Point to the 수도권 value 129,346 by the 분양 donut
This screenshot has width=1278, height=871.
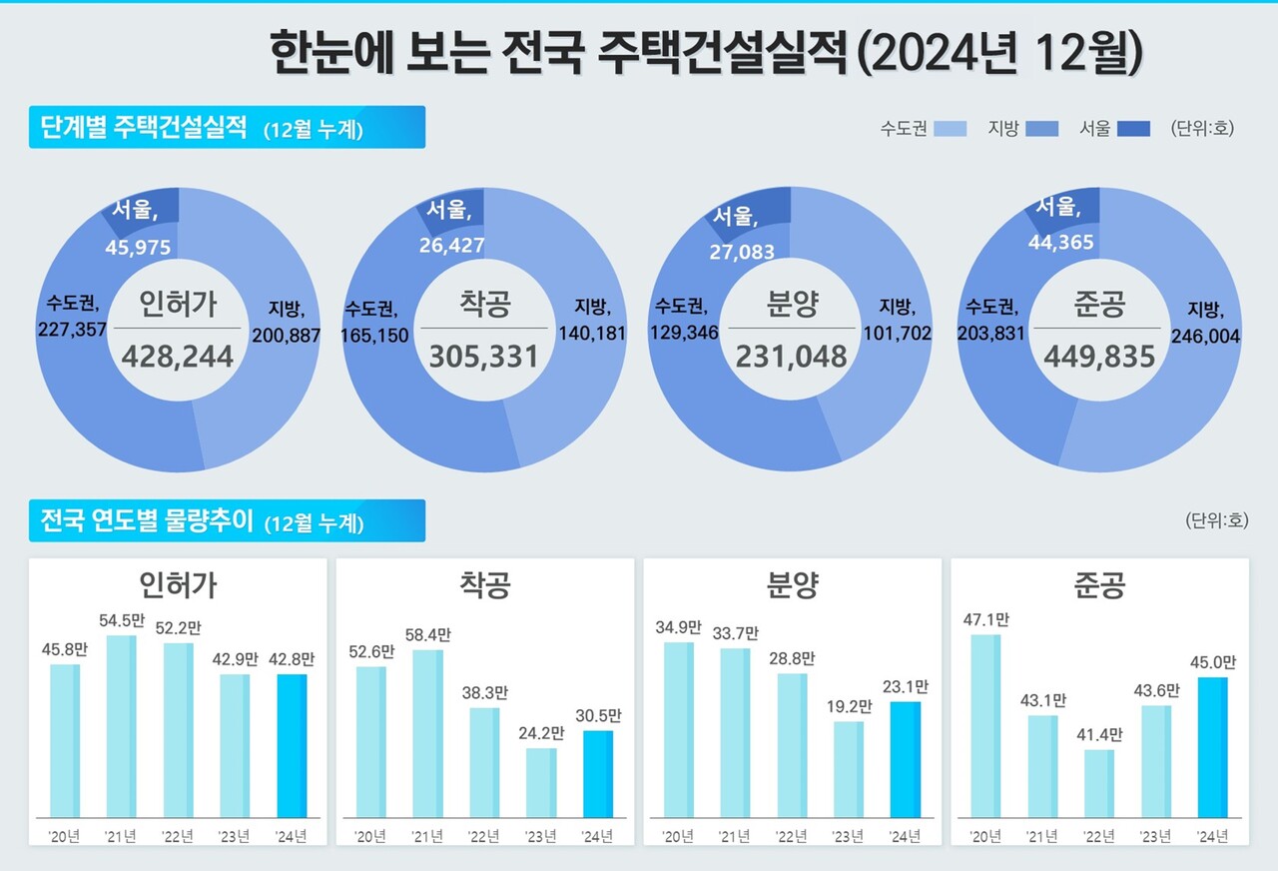684,334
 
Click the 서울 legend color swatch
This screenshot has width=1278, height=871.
1133,129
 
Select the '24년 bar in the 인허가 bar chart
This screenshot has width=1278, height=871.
291,745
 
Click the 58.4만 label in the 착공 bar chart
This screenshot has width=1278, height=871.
428,635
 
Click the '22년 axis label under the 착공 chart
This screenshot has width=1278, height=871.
484,837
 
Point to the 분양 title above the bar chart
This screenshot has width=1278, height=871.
792,585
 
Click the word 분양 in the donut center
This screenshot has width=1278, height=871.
791,304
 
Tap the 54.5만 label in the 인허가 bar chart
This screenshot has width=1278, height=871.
122,620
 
